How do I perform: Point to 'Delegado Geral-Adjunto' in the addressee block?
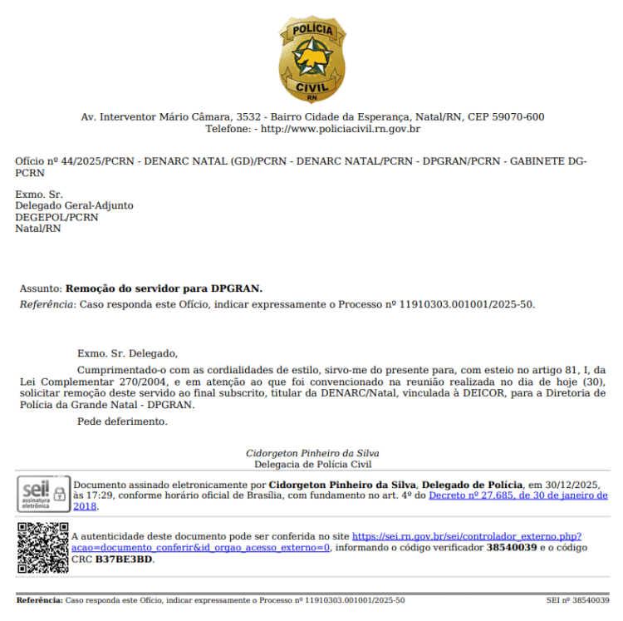tap(74, 205)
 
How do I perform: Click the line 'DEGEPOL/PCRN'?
tap(56, 217)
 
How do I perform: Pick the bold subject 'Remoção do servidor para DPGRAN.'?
tap(164, 288)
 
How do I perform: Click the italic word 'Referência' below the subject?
tap(47, 304)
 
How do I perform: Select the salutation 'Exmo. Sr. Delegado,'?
tap(127, 353)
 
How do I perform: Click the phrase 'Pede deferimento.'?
tap(122, 421)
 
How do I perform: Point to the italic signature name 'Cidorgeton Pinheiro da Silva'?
tap(312, 453)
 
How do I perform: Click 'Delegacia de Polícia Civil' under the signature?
tap(312, 465)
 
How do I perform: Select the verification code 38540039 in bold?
tap(512, 549)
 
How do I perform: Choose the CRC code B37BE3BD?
tap(124, 559)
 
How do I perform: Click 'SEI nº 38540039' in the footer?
tap(577, 600)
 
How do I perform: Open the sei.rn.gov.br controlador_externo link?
tap(466, 538)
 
